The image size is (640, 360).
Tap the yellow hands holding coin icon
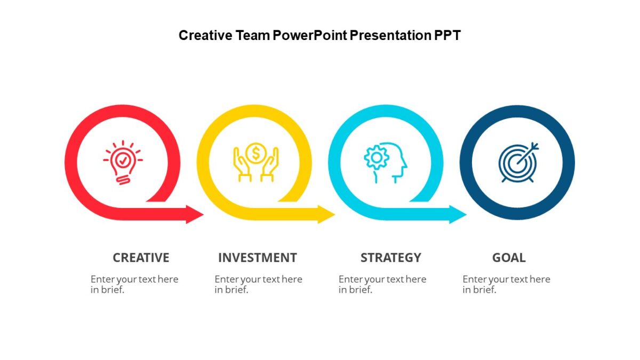click(256, 162)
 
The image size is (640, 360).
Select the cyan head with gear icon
click(386, 162)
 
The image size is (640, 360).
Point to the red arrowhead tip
click(202, 214)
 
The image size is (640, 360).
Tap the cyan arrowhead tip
click(465, 214)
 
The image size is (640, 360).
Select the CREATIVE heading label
click(141, 258)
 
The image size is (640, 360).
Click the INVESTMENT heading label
click(257, 258)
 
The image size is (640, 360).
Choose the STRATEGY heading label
click(391, 258)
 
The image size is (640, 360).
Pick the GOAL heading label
click(509, 258)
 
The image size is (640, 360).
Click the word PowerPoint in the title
click(310, 36)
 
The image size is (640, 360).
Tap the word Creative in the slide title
click(205, 36)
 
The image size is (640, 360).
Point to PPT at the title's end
click(447, 36)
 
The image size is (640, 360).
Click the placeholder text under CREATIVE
click(134, 284)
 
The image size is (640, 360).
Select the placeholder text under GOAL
click(506, 284)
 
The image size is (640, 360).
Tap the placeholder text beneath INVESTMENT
click(258, 284)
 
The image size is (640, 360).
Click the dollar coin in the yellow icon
click(256, 153)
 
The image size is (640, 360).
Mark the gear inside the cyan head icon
click(376, 157)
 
